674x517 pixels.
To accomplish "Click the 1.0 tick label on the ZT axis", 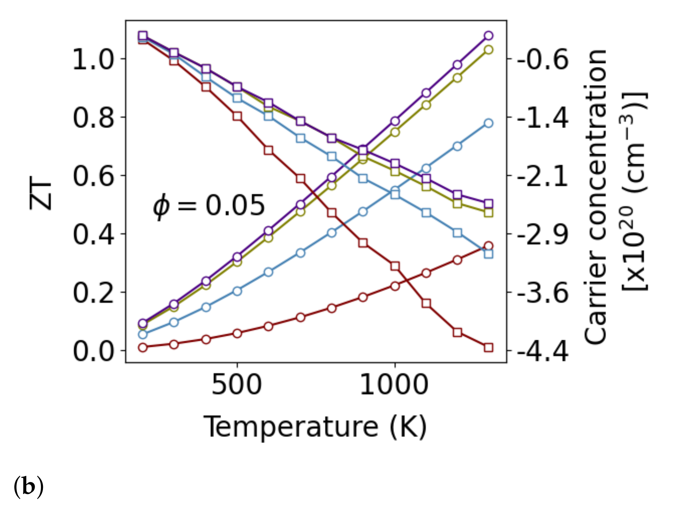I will click(93, 59).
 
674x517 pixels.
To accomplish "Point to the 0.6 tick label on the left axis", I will click(93, 176).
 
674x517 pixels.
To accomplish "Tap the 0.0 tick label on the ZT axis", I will click(93, 351).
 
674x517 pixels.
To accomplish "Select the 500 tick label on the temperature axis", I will click(237, 385).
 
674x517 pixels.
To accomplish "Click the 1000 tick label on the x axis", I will click(394, 385).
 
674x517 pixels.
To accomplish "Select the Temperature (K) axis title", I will click(315, 427).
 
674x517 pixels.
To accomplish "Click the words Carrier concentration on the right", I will click(595, 197).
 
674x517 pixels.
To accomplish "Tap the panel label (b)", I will click(29, 486).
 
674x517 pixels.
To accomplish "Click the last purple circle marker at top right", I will click(489, 36).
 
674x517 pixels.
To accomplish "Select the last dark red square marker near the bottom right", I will click(489, 348).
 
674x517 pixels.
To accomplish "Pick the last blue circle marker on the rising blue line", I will click(489, 123).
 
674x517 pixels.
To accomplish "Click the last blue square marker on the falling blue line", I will click(489, 254).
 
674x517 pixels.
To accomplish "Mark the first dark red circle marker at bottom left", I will click(143, 347).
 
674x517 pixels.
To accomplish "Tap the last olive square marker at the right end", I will click(489, 213).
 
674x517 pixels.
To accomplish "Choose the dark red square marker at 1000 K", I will click(395, 266).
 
